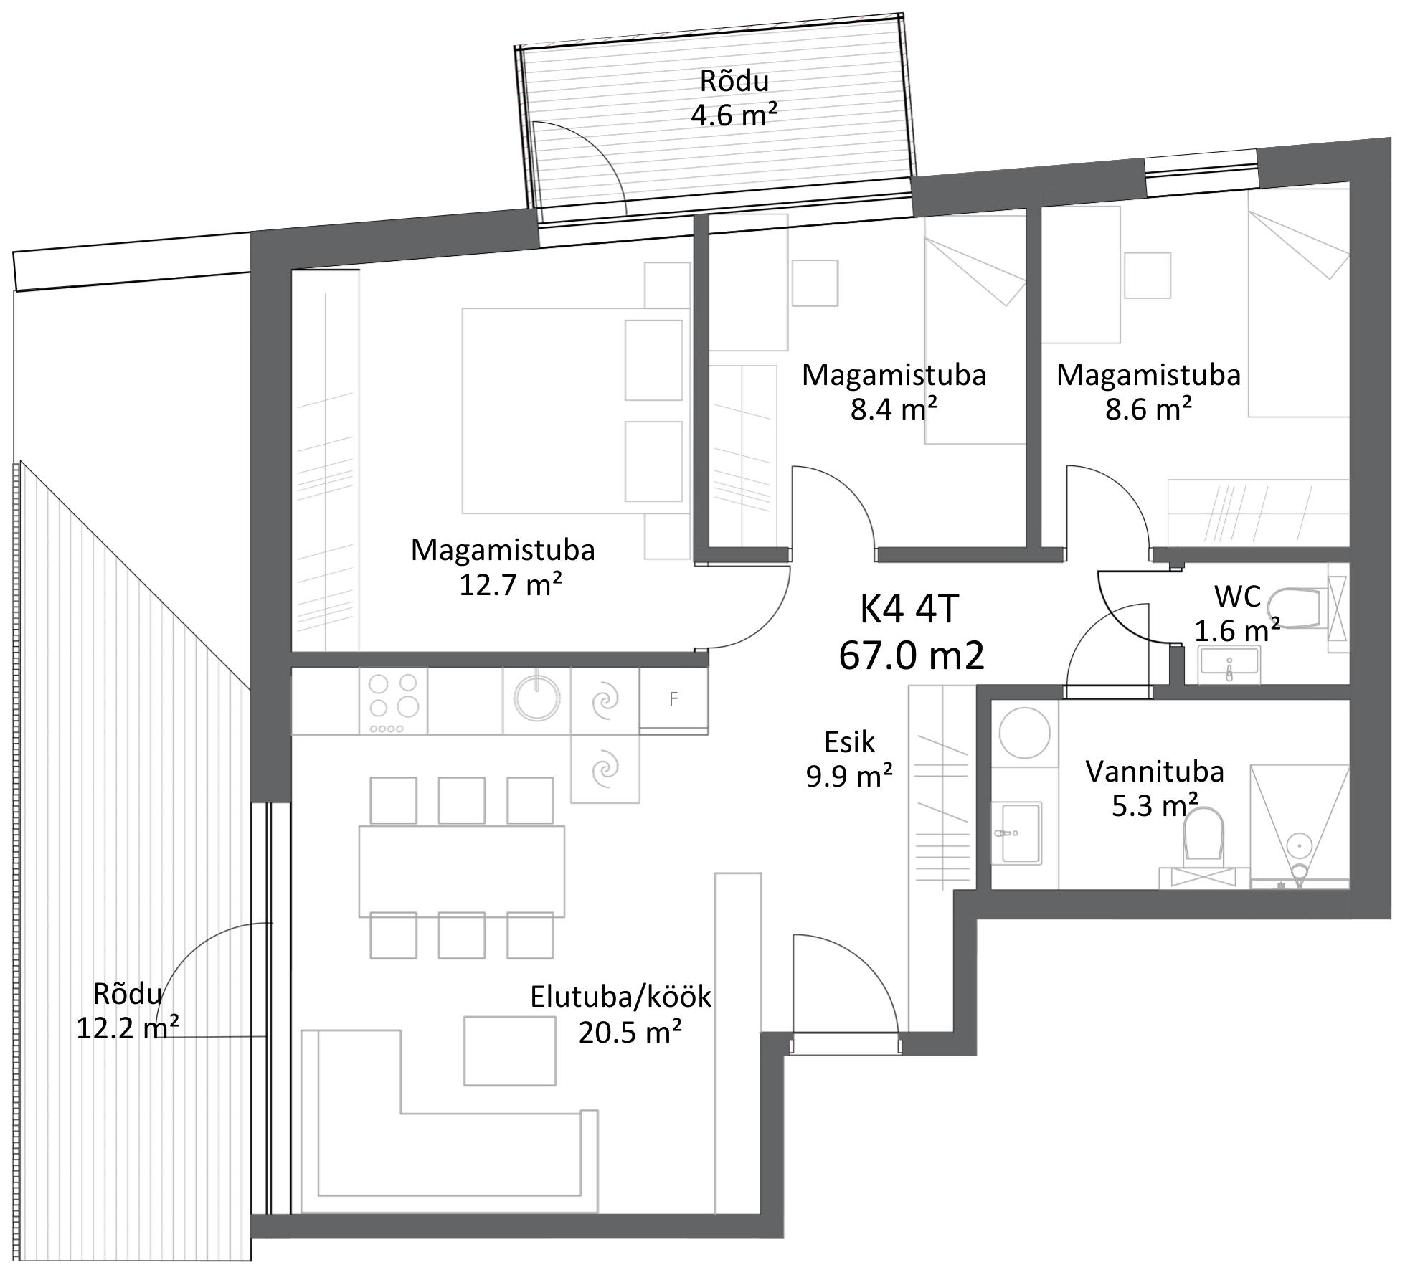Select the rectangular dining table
(x=461, y=871)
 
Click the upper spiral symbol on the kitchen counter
(x=604, y=700)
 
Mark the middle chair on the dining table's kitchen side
(x=461, y=801)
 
